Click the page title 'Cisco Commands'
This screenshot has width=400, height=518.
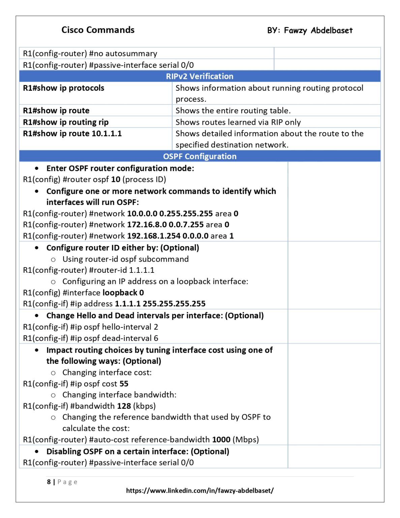pyautogui.click(x=98, y=30)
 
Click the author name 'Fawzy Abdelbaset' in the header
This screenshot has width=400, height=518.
pyautogui.click(x=318, y=31)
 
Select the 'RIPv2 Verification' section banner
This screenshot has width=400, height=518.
pyautogui.click(x=199, y=76)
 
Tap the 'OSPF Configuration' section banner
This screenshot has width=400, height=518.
pyautogui.click(x=199, y=156)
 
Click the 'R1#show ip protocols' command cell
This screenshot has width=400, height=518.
pyautogui.click(x=64, y=88)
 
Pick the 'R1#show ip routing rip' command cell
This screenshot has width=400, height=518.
pyautogui.click(x=66, y=122)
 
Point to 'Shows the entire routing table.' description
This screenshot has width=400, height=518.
pyautogui.click(x=233, y=111)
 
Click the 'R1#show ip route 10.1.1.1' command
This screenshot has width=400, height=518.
pyautogui.click(x=72, y=134)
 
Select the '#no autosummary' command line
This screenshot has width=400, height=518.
pyautogui.click(x=90, y=54)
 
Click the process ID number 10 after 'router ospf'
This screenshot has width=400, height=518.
pyautogui.click(x=116, y=179)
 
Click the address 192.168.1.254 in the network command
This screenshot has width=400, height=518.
pyautogui.click(x=153, y=236)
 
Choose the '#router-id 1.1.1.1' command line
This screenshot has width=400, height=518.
pyautogui.click(x=89, y=270)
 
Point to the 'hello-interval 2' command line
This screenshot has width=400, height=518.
pyautogui.click(x=90, y=327)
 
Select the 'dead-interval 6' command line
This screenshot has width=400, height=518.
pyautogui.click(x=90, y=338)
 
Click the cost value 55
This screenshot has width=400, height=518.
pyautogui.click(x=124, y=384)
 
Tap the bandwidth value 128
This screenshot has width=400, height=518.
pyautogui.click(x=124, y=406)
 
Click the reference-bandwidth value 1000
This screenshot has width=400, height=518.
pyautogui.click(x=221, y=440)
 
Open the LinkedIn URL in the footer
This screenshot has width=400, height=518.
pyautogui.click(x=199, y=491)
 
